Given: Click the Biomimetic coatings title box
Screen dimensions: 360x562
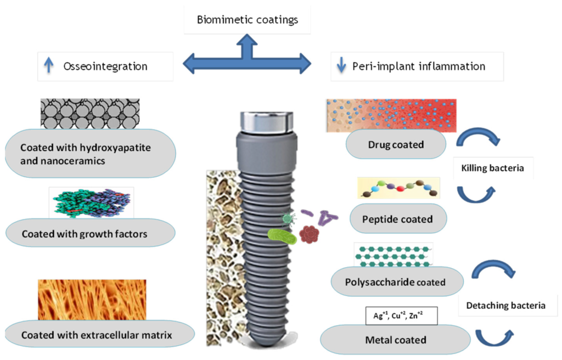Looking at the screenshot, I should [x=247, y=20].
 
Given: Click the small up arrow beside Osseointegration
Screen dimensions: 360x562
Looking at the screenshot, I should [x=49, y=66].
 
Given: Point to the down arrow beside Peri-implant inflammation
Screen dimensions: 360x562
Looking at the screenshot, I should [x=341, y=66].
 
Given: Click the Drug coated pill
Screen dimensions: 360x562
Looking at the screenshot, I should [x=396, y=145].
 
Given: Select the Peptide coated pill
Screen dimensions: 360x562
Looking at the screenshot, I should [x=397, y=219].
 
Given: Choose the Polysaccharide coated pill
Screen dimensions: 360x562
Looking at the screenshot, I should [x=397, y=282].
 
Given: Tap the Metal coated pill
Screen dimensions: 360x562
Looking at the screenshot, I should [x=395, y=340].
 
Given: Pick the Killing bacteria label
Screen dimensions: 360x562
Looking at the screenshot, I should [x=493, y=168].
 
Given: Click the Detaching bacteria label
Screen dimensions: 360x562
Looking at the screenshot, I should [x=505, y=305].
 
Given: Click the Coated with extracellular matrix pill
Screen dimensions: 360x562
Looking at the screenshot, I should [x=96, y=335].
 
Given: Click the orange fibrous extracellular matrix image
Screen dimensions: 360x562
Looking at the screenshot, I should [x=92, y=300].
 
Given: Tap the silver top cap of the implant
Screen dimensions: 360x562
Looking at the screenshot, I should [x=266, y=121].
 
